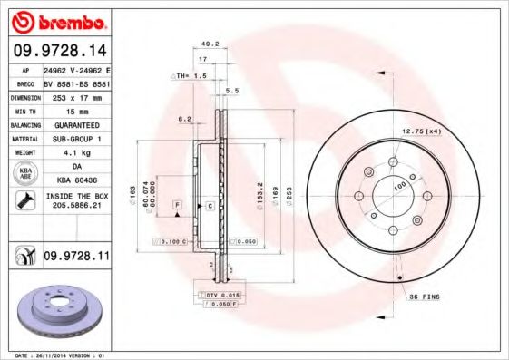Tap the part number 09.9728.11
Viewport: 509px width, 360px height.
coord(76,258)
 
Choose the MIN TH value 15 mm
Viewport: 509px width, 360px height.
coord(73,110)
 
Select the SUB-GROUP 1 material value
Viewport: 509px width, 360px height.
coord(73,139)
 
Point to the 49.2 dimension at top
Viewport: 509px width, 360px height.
coord(210,43)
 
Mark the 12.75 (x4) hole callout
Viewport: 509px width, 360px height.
coord(421,132)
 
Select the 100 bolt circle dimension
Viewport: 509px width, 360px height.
coord(398,187)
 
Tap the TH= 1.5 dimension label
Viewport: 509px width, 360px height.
coord(191,76)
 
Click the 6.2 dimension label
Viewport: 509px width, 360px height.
coord(185,118)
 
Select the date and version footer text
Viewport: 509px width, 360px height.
coord(54,355)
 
